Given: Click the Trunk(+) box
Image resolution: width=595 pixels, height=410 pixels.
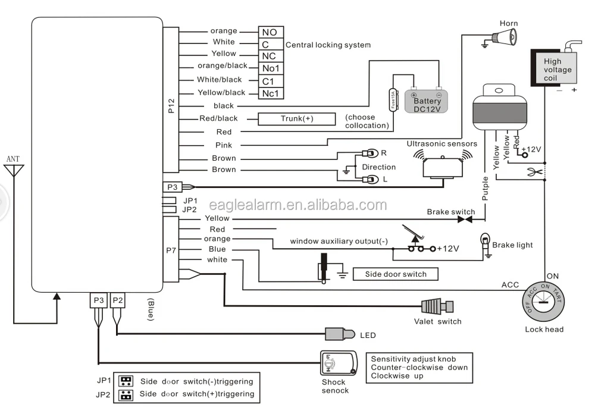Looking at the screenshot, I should [296, 119].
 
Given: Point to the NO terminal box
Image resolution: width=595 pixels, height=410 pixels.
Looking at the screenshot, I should [271, 32].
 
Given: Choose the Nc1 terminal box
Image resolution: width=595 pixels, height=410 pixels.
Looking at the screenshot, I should [271, 93].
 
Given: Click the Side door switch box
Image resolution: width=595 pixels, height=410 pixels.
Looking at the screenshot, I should [396, 274].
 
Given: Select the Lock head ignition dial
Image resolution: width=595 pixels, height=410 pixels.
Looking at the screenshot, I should [543, 301].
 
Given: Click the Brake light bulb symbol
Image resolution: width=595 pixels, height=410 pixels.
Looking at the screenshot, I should [486, 243].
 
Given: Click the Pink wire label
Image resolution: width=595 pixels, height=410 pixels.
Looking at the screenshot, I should [224, 145].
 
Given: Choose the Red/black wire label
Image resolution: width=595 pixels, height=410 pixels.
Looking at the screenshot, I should [218, 119].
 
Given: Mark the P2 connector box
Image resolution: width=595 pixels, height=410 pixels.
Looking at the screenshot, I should [118, 301].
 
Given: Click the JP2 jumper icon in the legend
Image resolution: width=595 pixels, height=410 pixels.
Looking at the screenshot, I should [126, 394].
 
